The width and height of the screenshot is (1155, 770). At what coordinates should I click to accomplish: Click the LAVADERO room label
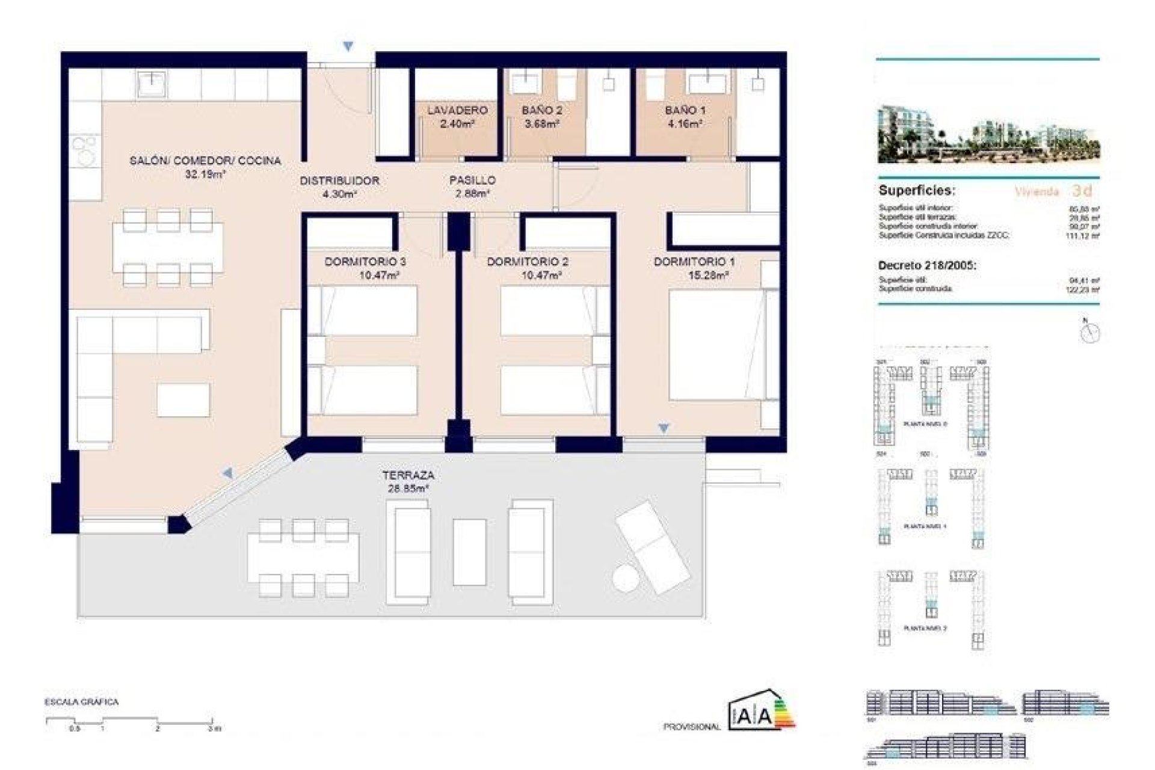click(x=457, y=110)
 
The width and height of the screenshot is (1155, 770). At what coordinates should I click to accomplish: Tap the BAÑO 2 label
click(x=542, y=110)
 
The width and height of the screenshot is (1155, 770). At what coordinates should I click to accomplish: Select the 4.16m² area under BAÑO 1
click(x=685, y=124)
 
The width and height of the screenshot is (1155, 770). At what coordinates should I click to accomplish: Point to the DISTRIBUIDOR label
click(x=339, y=180)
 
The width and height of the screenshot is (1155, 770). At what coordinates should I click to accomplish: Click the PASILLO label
click(x=472, y=180)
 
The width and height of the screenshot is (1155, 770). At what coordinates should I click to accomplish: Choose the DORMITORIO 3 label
click(x=365, y=262)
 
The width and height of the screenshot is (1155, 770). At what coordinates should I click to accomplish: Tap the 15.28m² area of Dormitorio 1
click(x=708, y=276)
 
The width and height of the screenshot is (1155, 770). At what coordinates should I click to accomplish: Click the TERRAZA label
click(x=408, y=475)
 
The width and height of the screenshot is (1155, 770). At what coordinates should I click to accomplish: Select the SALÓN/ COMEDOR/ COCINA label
click(x=205, y=161)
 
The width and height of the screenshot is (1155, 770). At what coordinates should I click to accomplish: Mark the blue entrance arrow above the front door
click(x=348, y=46)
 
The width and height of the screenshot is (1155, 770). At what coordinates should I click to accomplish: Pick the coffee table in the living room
click(x=183, y=399)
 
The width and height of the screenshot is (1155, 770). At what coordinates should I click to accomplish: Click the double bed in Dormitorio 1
click(x=716, y=344)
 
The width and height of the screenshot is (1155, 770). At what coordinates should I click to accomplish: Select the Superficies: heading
click(x=917, y=191)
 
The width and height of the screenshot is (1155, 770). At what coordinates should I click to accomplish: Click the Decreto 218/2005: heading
click(x=927, y=265)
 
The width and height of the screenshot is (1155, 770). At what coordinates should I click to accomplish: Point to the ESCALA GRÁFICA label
click(x=81, y=702)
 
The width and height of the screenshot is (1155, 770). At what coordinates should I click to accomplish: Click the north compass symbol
click(x=1089, y=331)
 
